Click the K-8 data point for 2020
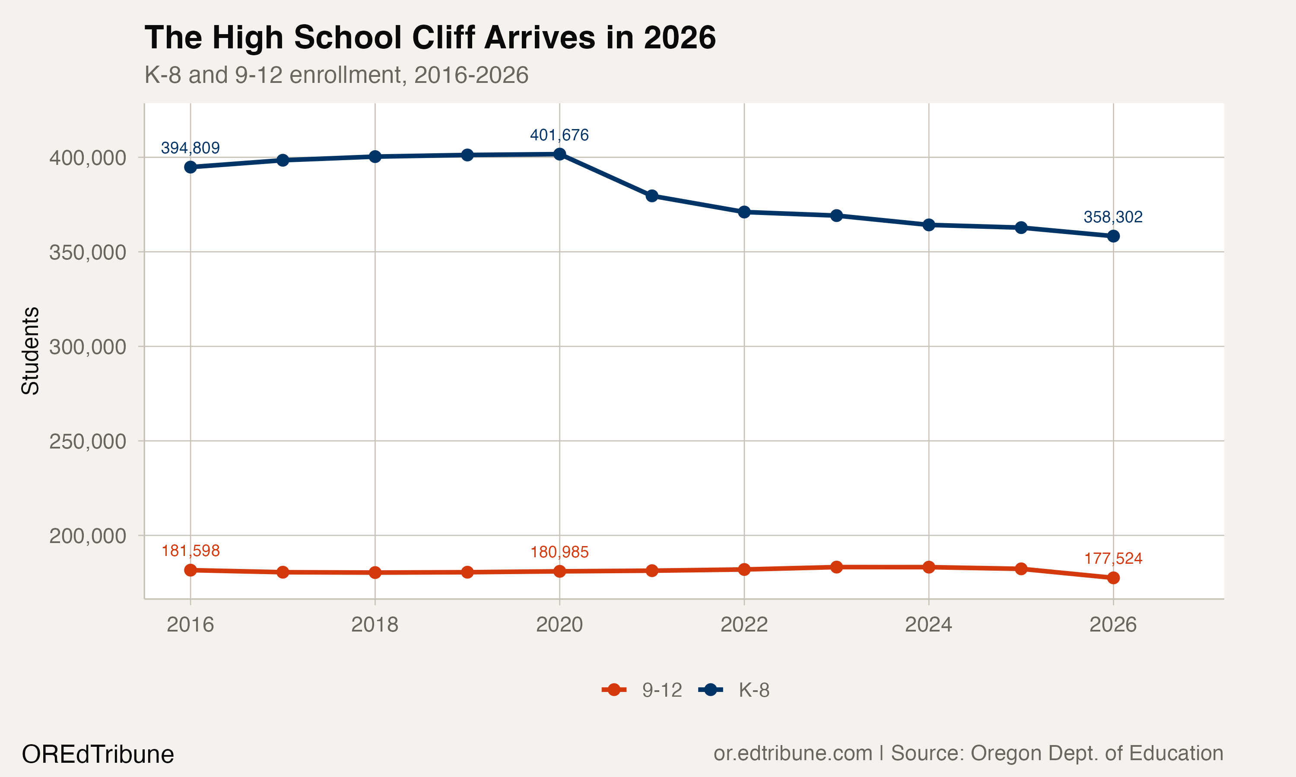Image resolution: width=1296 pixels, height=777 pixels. pyautogui.click(x=559, y=154)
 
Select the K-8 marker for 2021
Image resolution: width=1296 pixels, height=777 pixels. pyautogui.click(x=651, y=196)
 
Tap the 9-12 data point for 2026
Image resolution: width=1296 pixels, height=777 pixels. pyautogui.click(x=1113, y=578)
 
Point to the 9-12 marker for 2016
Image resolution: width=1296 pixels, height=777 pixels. pyautogui.click(x=190, y=570)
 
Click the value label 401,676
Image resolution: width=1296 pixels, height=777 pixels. pyautogui.click(x=559, y=135)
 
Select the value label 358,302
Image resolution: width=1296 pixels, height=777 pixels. pyautogui.click(x=1113, y=217)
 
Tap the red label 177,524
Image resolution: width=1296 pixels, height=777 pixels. pyautogui.click(x=1113, y=559)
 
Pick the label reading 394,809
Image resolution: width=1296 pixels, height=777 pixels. pyautogui.click(x=190, y=148)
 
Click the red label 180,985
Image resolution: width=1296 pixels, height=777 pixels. pyautogui.click(x=559, y=552)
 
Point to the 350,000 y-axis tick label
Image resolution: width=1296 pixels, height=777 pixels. pyautogui.click(x=88, y=253)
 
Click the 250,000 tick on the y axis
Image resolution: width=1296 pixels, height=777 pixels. pyautogui.click(x=88, y=442)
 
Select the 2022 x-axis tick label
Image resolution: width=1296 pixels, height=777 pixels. pyautogui.click(x=744, y=625)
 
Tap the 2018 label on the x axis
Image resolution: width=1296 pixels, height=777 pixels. pyautogui.click(x=375, y=625)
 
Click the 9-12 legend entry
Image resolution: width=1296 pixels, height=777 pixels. pyautogui.click(x=643, y=690)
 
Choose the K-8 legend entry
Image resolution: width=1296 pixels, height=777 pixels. pyautogui.click(x=735, y=690)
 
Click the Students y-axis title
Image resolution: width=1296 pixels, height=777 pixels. pyautogui.click(x=30, y=351)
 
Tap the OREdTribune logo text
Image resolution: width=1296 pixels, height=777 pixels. pyautogui.click(x=98, y=755)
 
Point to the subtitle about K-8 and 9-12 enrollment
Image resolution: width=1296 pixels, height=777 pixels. pyautogui.click(x=336, y=75)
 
